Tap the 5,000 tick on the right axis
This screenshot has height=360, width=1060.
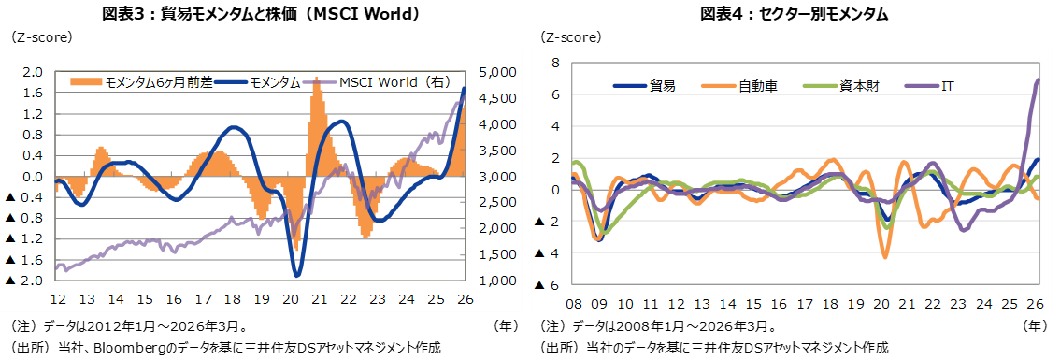click(492, 72)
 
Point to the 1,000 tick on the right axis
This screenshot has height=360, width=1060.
click(492, 281)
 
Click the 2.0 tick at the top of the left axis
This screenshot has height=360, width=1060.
click(33, 72)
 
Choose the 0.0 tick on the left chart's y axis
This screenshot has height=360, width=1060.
click(33, 177)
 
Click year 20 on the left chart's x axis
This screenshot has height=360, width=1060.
click(290, 299)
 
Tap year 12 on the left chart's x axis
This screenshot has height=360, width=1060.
click(57, 299)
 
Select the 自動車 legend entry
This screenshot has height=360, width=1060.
click(757, 86)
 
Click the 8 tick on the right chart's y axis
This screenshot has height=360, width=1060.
click(554, 63)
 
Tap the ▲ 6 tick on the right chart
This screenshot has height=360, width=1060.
click(548, 285)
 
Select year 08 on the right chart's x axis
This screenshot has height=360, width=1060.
click(573, 304)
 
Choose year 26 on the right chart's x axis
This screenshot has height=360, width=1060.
click(1035, 304)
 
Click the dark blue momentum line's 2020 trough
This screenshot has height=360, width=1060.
click(297, 275)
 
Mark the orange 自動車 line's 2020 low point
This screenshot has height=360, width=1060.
click(885, 257)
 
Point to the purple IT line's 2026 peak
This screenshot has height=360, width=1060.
click(1039, 79)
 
